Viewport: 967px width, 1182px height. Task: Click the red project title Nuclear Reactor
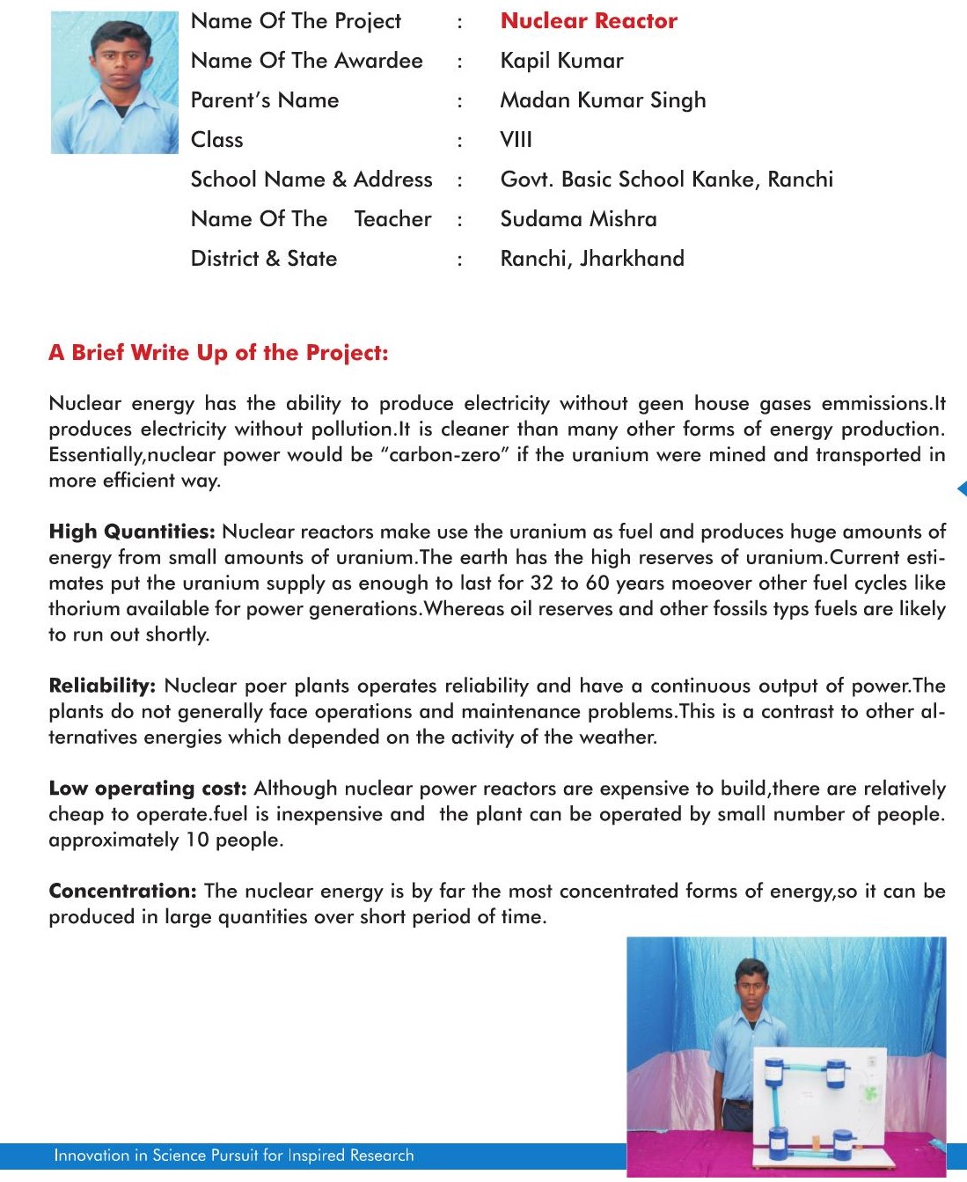tap(589, 21)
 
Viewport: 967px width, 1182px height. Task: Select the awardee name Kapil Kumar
tap(561, 61)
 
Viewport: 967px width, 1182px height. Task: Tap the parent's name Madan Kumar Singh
tap(603, 100)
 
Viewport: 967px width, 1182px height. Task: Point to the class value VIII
tap(516, 140)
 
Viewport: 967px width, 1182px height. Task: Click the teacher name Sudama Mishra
tap(578, 219)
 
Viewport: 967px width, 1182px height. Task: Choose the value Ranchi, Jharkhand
tap(592, 259)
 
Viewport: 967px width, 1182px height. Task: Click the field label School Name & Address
tap(311, 180)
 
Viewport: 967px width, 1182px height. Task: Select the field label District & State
tap(264, 259)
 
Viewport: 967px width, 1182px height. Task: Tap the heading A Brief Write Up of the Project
tap(218, 353)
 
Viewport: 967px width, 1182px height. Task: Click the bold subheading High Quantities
tap(132, 532)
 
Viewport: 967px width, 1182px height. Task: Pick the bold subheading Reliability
tap(102, 686)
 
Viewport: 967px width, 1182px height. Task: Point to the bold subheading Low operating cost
tap(148, 789)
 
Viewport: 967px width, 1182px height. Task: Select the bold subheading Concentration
tap(122, 891)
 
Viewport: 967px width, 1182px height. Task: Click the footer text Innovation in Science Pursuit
tap(233, 1155)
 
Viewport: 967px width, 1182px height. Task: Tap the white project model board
tap(818, 1105)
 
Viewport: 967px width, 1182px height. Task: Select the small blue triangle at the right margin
tap(961, 488)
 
